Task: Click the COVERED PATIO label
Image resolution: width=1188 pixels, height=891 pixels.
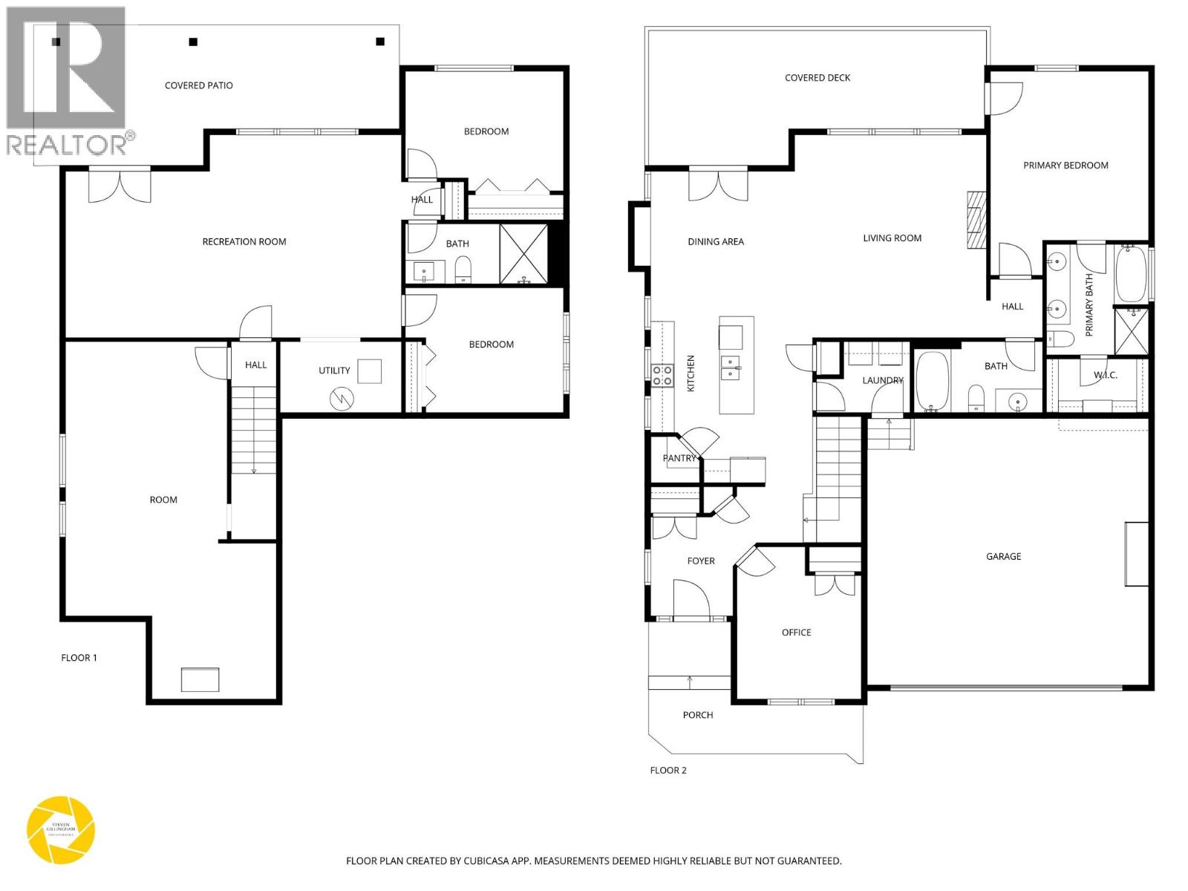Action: point(198,85)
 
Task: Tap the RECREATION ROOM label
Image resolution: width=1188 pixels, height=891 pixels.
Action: point(244,241)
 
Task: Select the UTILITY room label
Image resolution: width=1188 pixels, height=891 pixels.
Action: point(334,371)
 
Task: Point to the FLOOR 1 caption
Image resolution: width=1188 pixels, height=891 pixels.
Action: point(79,658)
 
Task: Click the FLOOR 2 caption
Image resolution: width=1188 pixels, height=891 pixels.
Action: point(668,770)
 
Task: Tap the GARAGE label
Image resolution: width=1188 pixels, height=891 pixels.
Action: point(1003,556)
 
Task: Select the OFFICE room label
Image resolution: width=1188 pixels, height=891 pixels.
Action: point(796,633)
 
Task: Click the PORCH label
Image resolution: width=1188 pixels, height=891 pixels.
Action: point(697,715)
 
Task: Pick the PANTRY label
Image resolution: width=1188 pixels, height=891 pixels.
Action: point(679,458)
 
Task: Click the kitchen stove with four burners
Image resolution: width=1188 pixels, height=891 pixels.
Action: point(662,375)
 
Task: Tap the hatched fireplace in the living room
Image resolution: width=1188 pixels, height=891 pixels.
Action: point(975,219)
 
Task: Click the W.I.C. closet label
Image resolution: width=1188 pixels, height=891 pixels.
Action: point(1105,375)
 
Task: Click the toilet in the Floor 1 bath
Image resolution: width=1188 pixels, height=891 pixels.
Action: point(462,270)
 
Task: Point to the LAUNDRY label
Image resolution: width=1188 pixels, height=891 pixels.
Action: point(882,380)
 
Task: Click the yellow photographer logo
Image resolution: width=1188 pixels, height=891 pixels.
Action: point(61,830)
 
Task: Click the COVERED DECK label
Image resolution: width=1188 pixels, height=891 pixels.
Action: point(817,78)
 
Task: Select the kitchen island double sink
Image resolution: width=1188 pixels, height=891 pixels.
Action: point(731,367)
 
